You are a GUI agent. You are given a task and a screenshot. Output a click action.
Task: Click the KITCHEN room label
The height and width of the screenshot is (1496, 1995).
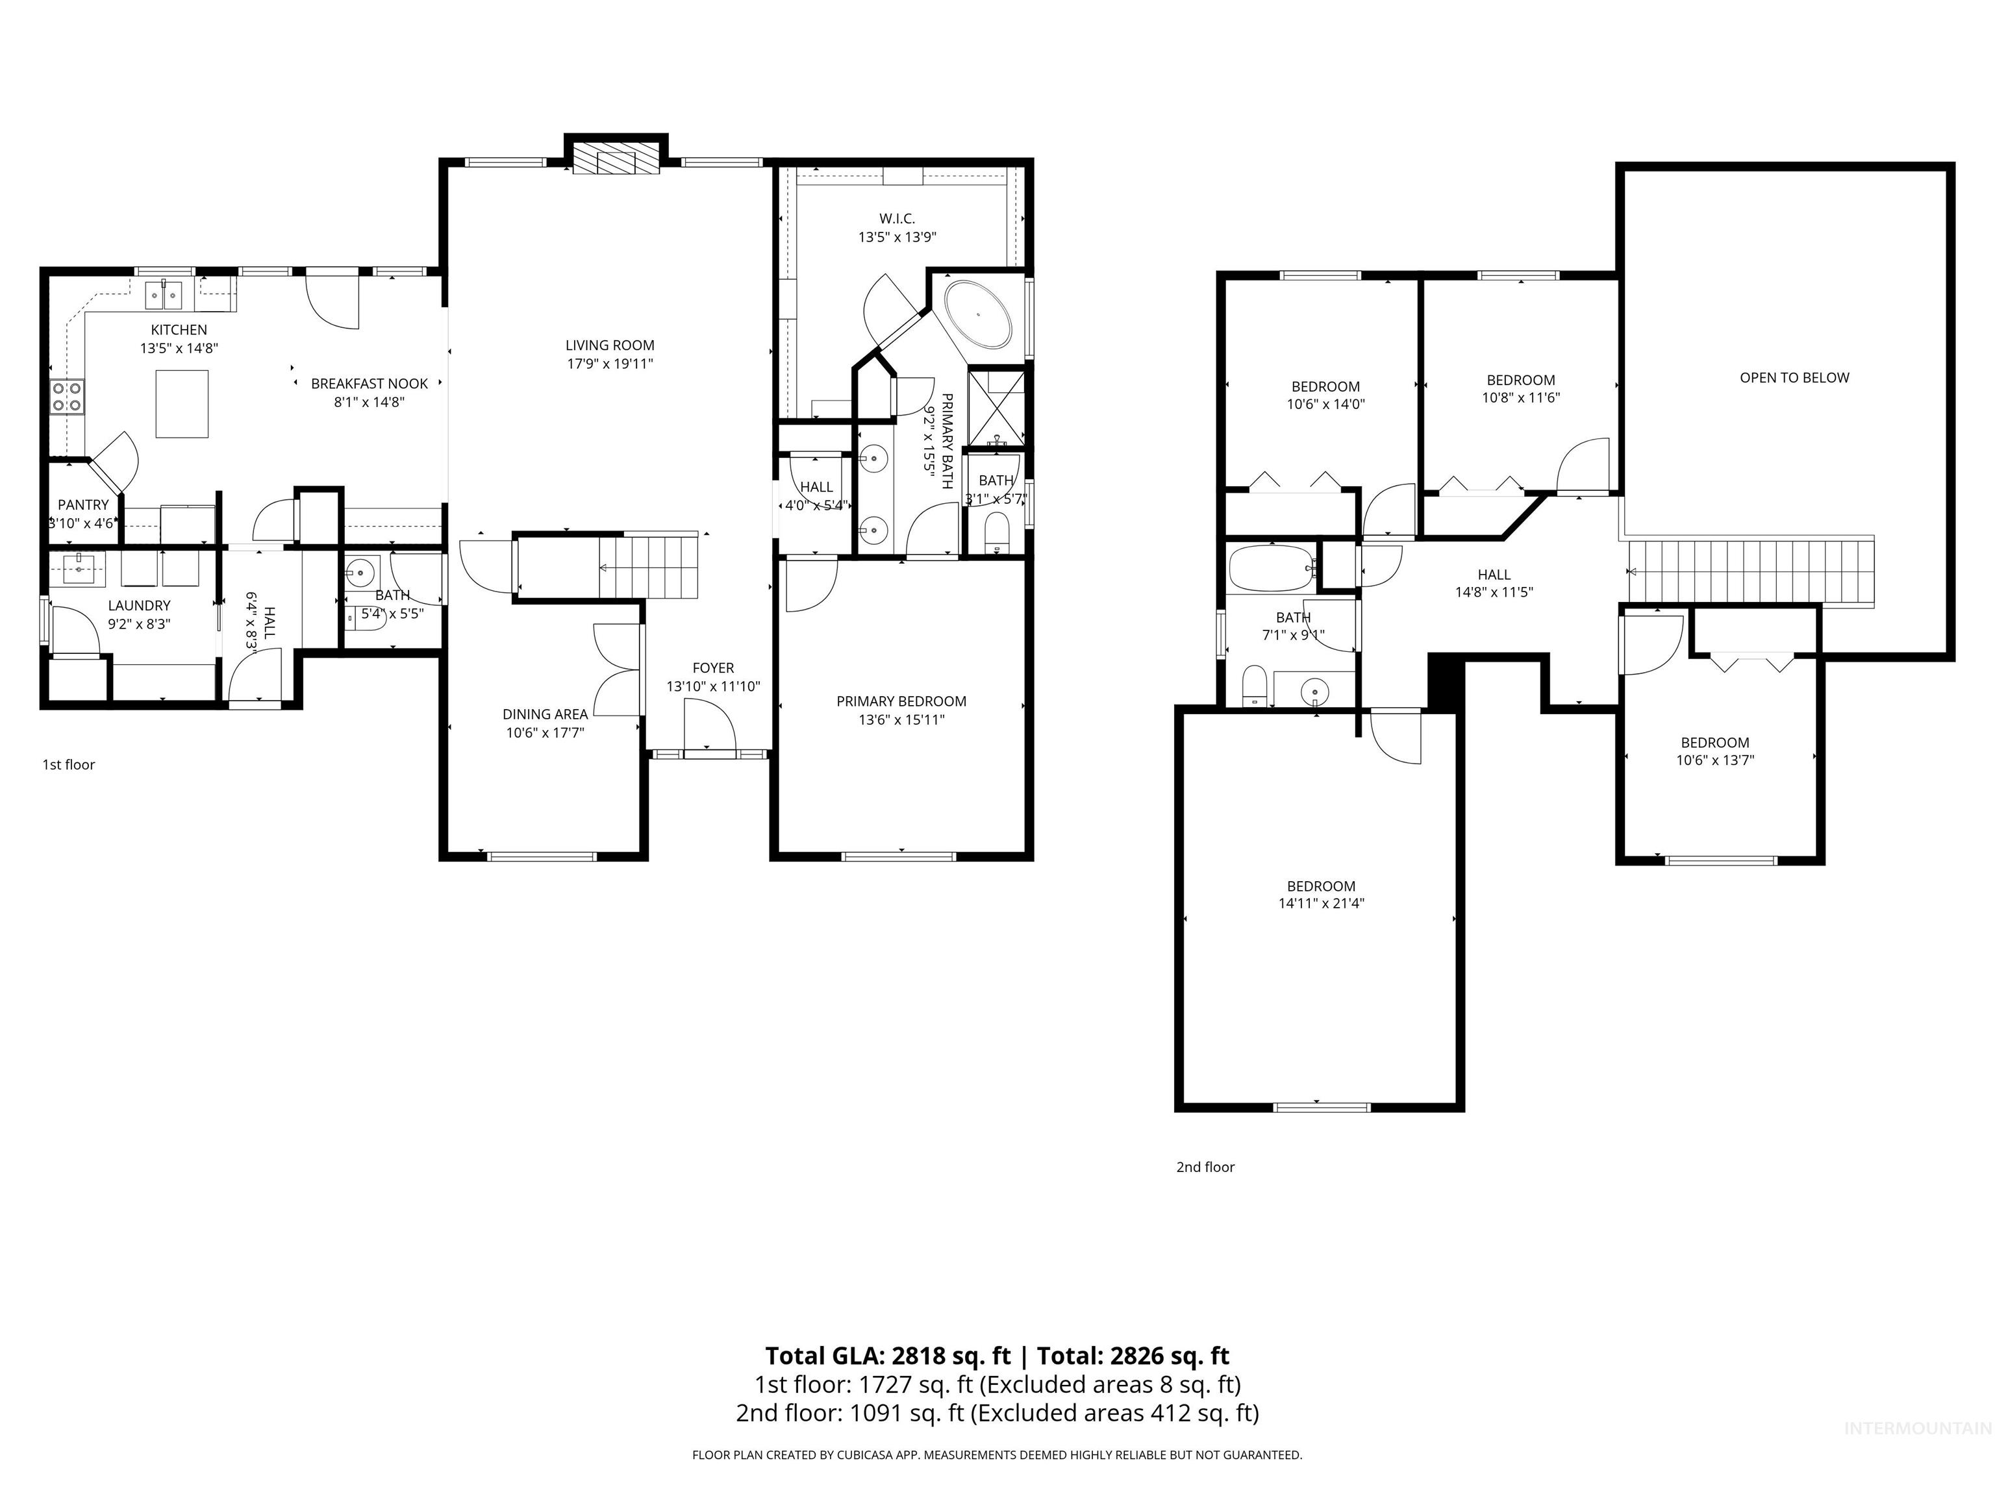(x=179, y=330)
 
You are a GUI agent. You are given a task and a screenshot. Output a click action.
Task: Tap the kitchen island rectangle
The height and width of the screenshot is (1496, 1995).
(x=182, y=403)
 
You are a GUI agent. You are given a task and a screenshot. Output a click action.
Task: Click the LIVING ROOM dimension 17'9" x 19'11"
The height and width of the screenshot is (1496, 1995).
(x=610, y=364)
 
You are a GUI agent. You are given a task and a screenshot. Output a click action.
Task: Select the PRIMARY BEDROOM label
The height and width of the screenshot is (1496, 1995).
(x=901, y=701)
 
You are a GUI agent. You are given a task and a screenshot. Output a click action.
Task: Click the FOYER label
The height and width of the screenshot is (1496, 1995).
(x=712, y=668)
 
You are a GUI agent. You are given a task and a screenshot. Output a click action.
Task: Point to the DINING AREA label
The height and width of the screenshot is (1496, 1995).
(x=545, y=714)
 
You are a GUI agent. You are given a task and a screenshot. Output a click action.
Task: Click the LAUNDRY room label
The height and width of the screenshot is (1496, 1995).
(x=139, y=606)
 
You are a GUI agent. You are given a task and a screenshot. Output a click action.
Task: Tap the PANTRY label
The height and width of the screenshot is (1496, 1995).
(x=83, y=505)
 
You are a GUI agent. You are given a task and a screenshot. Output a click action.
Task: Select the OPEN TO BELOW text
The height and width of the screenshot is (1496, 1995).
(x=1794, y=378)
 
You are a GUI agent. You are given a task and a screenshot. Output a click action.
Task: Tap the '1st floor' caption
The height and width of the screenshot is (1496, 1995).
(x=69, y=765)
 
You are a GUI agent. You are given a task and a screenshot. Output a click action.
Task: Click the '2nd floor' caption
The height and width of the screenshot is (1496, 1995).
(x=1205, y=1167)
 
